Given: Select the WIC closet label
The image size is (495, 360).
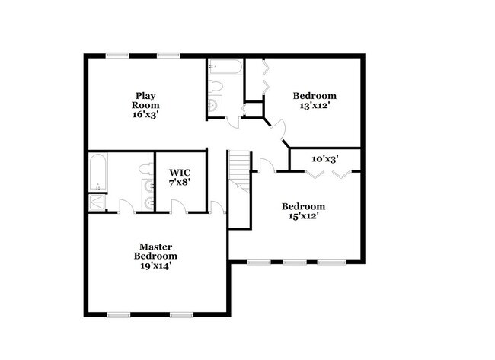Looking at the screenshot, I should click(x=180, y=172).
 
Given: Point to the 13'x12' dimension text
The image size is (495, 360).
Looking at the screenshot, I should click(x=315, y=107).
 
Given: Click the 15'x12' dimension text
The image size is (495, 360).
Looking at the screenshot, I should click(x=303, y=216).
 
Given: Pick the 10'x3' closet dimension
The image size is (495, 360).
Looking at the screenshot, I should click(x=325, y=159).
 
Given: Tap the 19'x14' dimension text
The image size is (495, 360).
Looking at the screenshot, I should click(x=155, y=266).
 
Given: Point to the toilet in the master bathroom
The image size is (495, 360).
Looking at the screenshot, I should click(x=146, y=167).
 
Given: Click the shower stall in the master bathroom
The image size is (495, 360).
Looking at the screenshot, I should click(x=97, y=202).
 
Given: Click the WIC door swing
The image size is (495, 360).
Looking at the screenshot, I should click(x=177, y=205).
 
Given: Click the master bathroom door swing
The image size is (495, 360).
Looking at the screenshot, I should click(x=125, y=205).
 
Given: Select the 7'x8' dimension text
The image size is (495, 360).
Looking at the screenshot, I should click(x=180, y=183).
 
